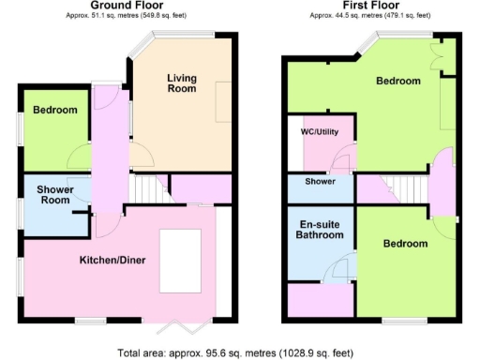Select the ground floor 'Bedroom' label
point(54,111)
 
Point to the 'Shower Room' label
point(55,195)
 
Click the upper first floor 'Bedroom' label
point(398,82)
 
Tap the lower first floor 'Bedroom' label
point(406,244)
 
